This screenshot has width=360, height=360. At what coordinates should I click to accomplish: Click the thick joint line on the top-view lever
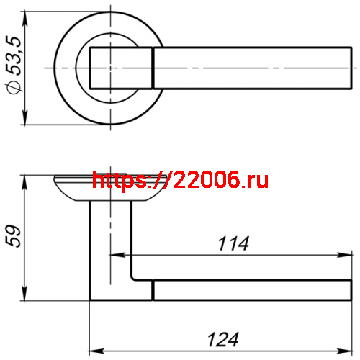[153, 67]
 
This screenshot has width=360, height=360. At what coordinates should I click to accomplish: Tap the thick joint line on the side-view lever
[153, 290]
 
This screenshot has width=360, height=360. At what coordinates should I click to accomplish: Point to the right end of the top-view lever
[349, 67]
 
